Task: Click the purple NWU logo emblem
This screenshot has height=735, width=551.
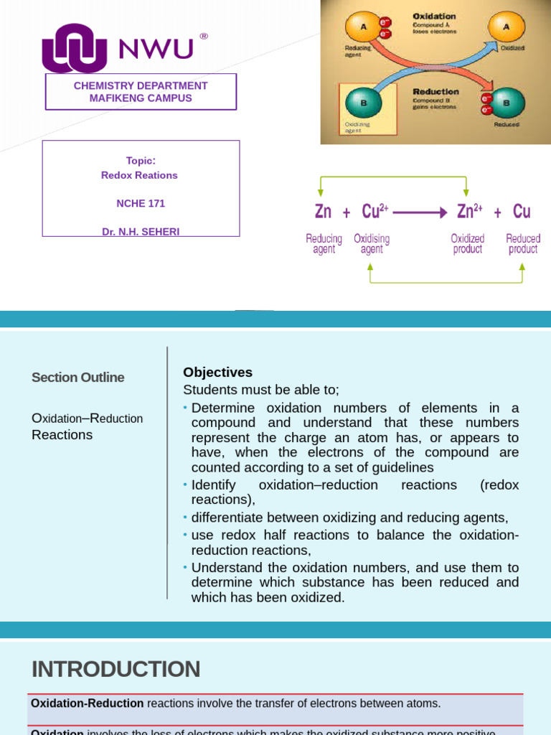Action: [x=74, y=48]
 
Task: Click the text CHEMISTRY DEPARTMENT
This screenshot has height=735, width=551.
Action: [x=141, y=86]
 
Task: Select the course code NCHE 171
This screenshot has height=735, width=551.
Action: [x=141, y=203]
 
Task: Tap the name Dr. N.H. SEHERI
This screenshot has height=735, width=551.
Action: [x=141, y=231]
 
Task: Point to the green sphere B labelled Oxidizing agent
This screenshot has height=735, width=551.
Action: [x=363, y=103]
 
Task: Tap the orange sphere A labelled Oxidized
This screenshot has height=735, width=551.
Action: [x=507, y=27]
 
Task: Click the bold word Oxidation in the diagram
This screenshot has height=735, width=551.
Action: [x=434, y=16]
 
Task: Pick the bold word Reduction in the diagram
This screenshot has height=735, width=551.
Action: [x=435, y=92]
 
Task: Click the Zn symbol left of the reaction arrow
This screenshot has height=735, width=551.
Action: [x=323, y=212]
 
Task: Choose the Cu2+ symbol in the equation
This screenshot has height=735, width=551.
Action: [x=375, y=211]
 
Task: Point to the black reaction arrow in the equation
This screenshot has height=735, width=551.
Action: [x=420, y=212]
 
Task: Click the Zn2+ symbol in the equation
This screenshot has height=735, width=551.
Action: [x=469, y=211]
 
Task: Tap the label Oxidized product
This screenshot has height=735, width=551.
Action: [x=467, y=244]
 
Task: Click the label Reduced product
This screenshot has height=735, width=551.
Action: [x=523, y=244]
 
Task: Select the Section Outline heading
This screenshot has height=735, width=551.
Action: [x=78, y=378]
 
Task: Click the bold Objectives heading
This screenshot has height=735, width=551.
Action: [x=218, y=373]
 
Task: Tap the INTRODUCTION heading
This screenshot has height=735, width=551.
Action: [x=116, y=669]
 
